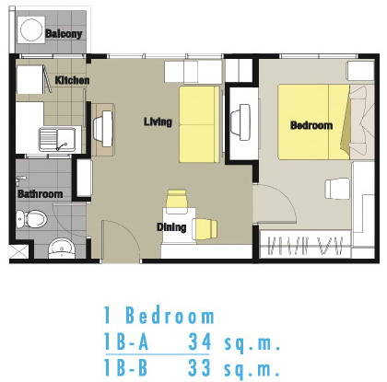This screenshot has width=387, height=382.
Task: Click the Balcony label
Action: click(x=64, y=33)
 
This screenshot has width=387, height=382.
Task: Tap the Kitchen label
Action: click(x=72, y=80)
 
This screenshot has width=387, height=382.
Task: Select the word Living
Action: click(x=158, y=122)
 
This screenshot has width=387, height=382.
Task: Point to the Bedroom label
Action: click(x=311, y=125)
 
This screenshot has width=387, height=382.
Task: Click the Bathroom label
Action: click(x=41, y=194)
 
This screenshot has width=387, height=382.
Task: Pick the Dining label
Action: click(x=171, y=227)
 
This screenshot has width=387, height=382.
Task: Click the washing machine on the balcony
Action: click(x=31, y=29)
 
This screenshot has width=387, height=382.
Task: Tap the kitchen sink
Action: click(x=57, y=140)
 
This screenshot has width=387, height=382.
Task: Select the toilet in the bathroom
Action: click(x=31, y=219)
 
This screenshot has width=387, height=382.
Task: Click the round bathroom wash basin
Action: click(x=62, y=249)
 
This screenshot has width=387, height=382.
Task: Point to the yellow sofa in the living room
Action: click(x=200, y=124)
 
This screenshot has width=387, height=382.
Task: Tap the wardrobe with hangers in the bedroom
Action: click(x=305, y=246)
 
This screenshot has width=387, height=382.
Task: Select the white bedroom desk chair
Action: click(x=337, y=189)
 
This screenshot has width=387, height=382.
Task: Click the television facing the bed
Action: click(x=240, y=122)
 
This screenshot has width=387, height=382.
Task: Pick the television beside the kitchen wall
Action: click(x=103, y=129)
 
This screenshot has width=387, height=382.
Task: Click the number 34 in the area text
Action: click(x=200, y=341)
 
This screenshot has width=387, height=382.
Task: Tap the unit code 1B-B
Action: click(x=126, y=367)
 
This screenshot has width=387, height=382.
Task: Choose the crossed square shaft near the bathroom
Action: click(x=18, y=252)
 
